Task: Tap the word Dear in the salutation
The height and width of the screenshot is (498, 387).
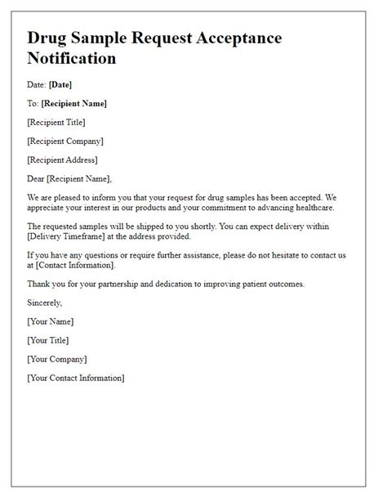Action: click(38, 178)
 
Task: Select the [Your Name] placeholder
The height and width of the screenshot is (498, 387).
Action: click(50, 321)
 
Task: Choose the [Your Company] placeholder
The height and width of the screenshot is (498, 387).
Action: click(56, 359)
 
